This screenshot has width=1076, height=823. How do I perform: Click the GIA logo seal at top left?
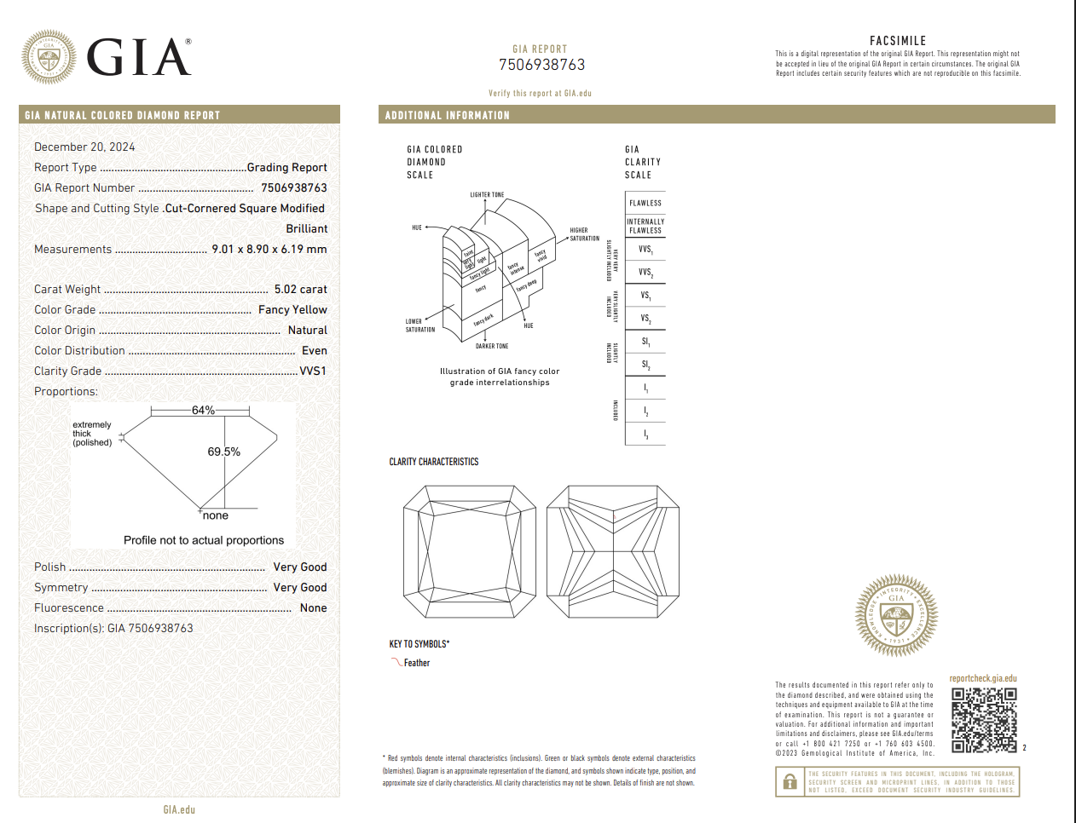(49, 57)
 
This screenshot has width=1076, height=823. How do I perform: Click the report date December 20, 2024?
(84, 147)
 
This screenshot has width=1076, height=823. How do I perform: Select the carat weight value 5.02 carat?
(300, 290)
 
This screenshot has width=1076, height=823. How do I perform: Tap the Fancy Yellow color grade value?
(292, 310)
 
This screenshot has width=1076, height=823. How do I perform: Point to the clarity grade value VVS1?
(313, 371)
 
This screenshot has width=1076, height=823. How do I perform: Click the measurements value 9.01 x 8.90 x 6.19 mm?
(269, 250)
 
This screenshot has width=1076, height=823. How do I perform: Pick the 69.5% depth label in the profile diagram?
(223, 452)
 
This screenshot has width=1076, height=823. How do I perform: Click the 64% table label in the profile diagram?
(203, 411)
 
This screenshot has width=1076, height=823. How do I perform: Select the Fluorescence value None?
(313, 608)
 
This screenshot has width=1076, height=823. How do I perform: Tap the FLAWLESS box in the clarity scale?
(645, 203)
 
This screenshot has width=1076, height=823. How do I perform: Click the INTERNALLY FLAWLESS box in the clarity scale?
(645, 226)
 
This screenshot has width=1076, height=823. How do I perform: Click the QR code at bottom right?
(984, 720)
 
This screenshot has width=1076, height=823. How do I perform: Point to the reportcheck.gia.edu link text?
(983, 679)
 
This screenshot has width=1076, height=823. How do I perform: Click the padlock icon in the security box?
(790, 781)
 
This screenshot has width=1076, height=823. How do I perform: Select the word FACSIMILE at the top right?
(897, 41)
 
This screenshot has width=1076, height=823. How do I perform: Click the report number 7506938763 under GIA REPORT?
(541, 65)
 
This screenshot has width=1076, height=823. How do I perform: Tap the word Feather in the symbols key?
(417, 663)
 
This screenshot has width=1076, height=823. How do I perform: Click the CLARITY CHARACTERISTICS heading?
(434, 462)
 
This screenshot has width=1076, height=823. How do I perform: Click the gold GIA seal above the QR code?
(896, 614)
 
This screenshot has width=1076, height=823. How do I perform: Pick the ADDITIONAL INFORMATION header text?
(447, 115)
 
